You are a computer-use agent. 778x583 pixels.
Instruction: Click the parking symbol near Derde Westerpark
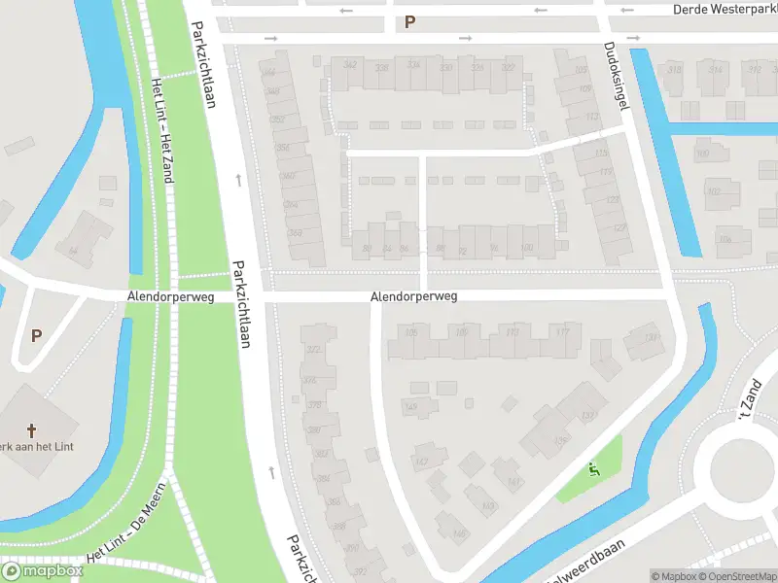click(410, 21)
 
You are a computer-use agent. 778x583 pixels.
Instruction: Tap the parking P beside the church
click(37, 335)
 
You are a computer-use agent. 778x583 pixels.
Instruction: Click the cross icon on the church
click(31, 429)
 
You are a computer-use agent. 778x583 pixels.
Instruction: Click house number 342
click(349, 66)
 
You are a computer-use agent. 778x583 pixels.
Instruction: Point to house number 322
click(508, 67)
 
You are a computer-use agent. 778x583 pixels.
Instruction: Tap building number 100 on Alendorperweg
click(526, 250)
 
